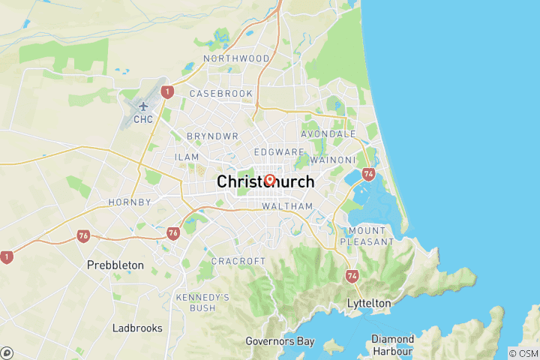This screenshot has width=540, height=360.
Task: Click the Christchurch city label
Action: [265, 182]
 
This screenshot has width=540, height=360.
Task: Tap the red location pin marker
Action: [270, 180]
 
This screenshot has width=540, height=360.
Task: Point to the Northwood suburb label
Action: [236, 58]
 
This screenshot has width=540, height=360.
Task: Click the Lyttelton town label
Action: [369, 303]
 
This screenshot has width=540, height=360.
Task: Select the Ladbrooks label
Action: [137, 328]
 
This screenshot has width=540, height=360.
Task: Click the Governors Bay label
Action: [274, 341]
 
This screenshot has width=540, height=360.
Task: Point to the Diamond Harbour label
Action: [392, 345]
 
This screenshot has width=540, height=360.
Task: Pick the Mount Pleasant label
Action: [367, 236]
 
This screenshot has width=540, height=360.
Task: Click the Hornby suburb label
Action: [130, 202]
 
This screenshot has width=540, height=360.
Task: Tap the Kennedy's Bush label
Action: [202, 302]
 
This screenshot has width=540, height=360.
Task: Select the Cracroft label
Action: [238, 261]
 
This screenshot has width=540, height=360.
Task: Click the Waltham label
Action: [287, 206]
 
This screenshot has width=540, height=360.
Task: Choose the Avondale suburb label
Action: [328, 133]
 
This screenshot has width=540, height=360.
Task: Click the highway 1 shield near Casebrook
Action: [167, 92]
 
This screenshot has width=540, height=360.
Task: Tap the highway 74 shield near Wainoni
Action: [368, 173]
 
